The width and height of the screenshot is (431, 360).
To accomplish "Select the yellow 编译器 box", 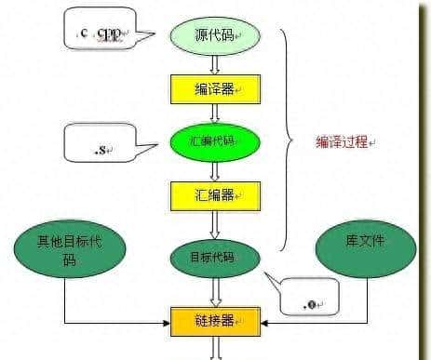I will click(x=215, y=88).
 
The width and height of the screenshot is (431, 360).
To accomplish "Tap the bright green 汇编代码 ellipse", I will click(x=215, y=142).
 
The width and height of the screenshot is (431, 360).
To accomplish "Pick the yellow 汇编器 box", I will click(x=215, y=196).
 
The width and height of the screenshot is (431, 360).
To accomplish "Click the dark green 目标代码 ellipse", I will click(x=215, y=255).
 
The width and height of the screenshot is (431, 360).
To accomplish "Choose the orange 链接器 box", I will click(x=215, y=320).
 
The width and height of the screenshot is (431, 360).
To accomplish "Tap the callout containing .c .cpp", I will click(x=100, y=33).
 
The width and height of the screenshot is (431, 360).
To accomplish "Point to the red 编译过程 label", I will click(x=344, y=143).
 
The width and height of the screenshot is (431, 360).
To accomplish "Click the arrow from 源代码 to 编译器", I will click(x=215, y=62).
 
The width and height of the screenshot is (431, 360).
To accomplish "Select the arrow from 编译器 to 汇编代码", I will click(x=215, y=113).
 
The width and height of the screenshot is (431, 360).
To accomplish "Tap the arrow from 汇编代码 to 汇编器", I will click(x=215, y=170).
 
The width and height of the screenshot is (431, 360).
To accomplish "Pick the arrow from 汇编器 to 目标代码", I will click(x=215, y=223).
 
